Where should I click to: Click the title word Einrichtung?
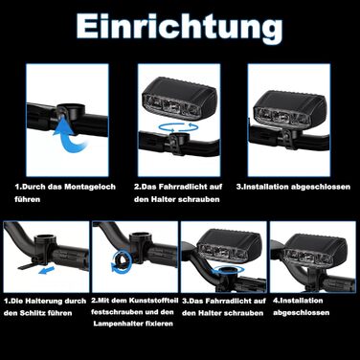coord(179,29)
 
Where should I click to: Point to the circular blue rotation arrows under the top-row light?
coord(179,127)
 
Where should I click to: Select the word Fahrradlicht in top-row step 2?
coord(183,187)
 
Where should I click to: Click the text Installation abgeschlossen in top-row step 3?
coord(293,187)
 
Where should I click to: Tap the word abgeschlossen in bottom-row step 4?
coord(301,312)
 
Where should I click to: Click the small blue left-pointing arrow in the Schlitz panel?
coord(46,271)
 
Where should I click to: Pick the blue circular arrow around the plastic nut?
coord(122,262)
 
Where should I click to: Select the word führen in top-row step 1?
coord(28,199)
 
